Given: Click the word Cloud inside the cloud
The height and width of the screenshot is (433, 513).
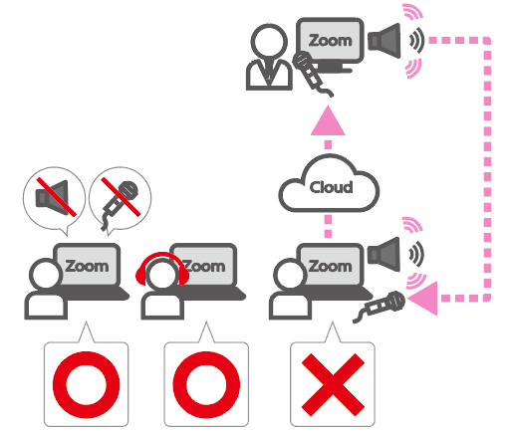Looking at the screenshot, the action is tap(331, 187).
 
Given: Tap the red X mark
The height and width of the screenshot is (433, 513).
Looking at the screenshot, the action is tap(333, 384).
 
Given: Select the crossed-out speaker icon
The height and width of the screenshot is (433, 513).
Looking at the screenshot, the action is tap(54, 198).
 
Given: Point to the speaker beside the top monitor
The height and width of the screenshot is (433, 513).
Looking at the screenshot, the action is tap(385, 41).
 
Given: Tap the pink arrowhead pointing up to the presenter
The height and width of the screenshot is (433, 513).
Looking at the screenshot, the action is tap(328, 120).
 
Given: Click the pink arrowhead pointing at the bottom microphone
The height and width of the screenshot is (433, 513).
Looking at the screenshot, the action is tap(422, 298).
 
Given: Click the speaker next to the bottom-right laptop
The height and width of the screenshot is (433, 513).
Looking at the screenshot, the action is tap(385, 255).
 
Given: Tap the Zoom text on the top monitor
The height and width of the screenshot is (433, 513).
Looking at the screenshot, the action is tap(330, 41).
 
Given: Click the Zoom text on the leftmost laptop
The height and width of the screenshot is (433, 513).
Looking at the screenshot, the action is tap(87, 266).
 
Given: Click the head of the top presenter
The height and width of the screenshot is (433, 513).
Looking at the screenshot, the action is tap(269, 42).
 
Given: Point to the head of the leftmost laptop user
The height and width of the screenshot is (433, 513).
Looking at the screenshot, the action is tap(46, 275).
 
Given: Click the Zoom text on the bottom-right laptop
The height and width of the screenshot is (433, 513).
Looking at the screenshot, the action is tap(330, 266).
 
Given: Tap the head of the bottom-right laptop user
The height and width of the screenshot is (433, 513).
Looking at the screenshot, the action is tap(290, 275).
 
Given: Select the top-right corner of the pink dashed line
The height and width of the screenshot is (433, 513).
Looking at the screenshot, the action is tap(487, 41).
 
